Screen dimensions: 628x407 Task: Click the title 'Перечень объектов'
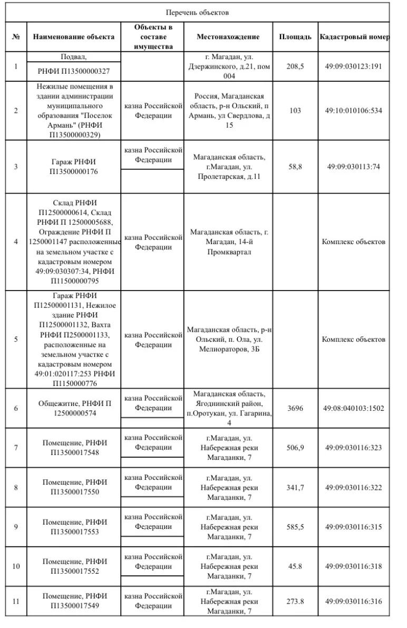[x=197, y=12]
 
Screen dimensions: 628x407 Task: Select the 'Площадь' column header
[x=295, y=37]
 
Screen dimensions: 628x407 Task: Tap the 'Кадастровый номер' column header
[x=354, y=37]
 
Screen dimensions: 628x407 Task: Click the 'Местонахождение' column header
[x=228, y=37]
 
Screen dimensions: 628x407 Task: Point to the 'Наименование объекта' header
[x=74, y=37]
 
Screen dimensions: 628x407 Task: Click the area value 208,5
[x=295, y=66]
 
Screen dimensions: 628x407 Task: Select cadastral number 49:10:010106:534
[x=354, y=111]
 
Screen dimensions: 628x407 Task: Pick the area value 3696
[x=295, y=408]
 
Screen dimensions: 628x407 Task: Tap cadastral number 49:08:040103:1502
[x=354, y=408]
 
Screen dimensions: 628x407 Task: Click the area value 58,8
[x=295, y=167]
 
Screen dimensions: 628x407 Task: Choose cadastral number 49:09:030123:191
[x=354, y=66]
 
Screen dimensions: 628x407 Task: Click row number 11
[x=16, y=601]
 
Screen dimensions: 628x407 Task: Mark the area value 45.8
[x=295, y=566]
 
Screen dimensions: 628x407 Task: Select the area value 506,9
[x=295, y=448]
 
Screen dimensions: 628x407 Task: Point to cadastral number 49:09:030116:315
[x=354, y=527]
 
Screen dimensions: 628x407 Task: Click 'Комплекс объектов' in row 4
[x=354, y=242]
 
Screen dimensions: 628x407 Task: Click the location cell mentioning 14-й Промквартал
[x=228, y=242]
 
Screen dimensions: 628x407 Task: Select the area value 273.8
[x=295, y=601]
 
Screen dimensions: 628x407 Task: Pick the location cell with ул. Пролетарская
[x=228, y=167]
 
